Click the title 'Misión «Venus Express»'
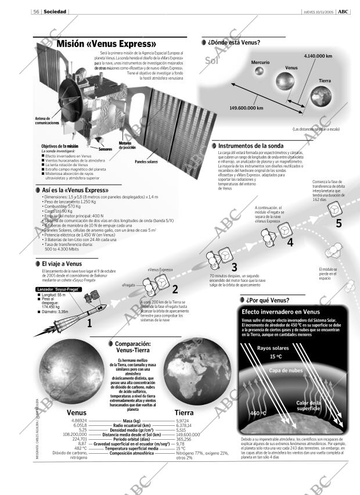[106, 44]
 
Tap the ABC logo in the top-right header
[344, 12]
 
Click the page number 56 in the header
[36, 12]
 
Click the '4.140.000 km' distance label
[318, 56]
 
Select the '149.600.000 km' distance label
[246, 108]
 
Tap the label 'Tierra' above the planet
[325, 80]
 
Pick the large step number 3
[234, 267]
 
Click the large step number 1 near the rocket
[89, 323]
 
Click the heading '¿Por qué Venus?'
[268, 300]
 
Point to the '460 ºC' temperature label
[258, 413]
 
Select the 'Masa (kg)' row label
[132, 420]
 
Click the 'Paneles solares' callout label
[146, 162]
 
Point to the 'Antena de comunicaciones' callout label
[47, 121]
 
